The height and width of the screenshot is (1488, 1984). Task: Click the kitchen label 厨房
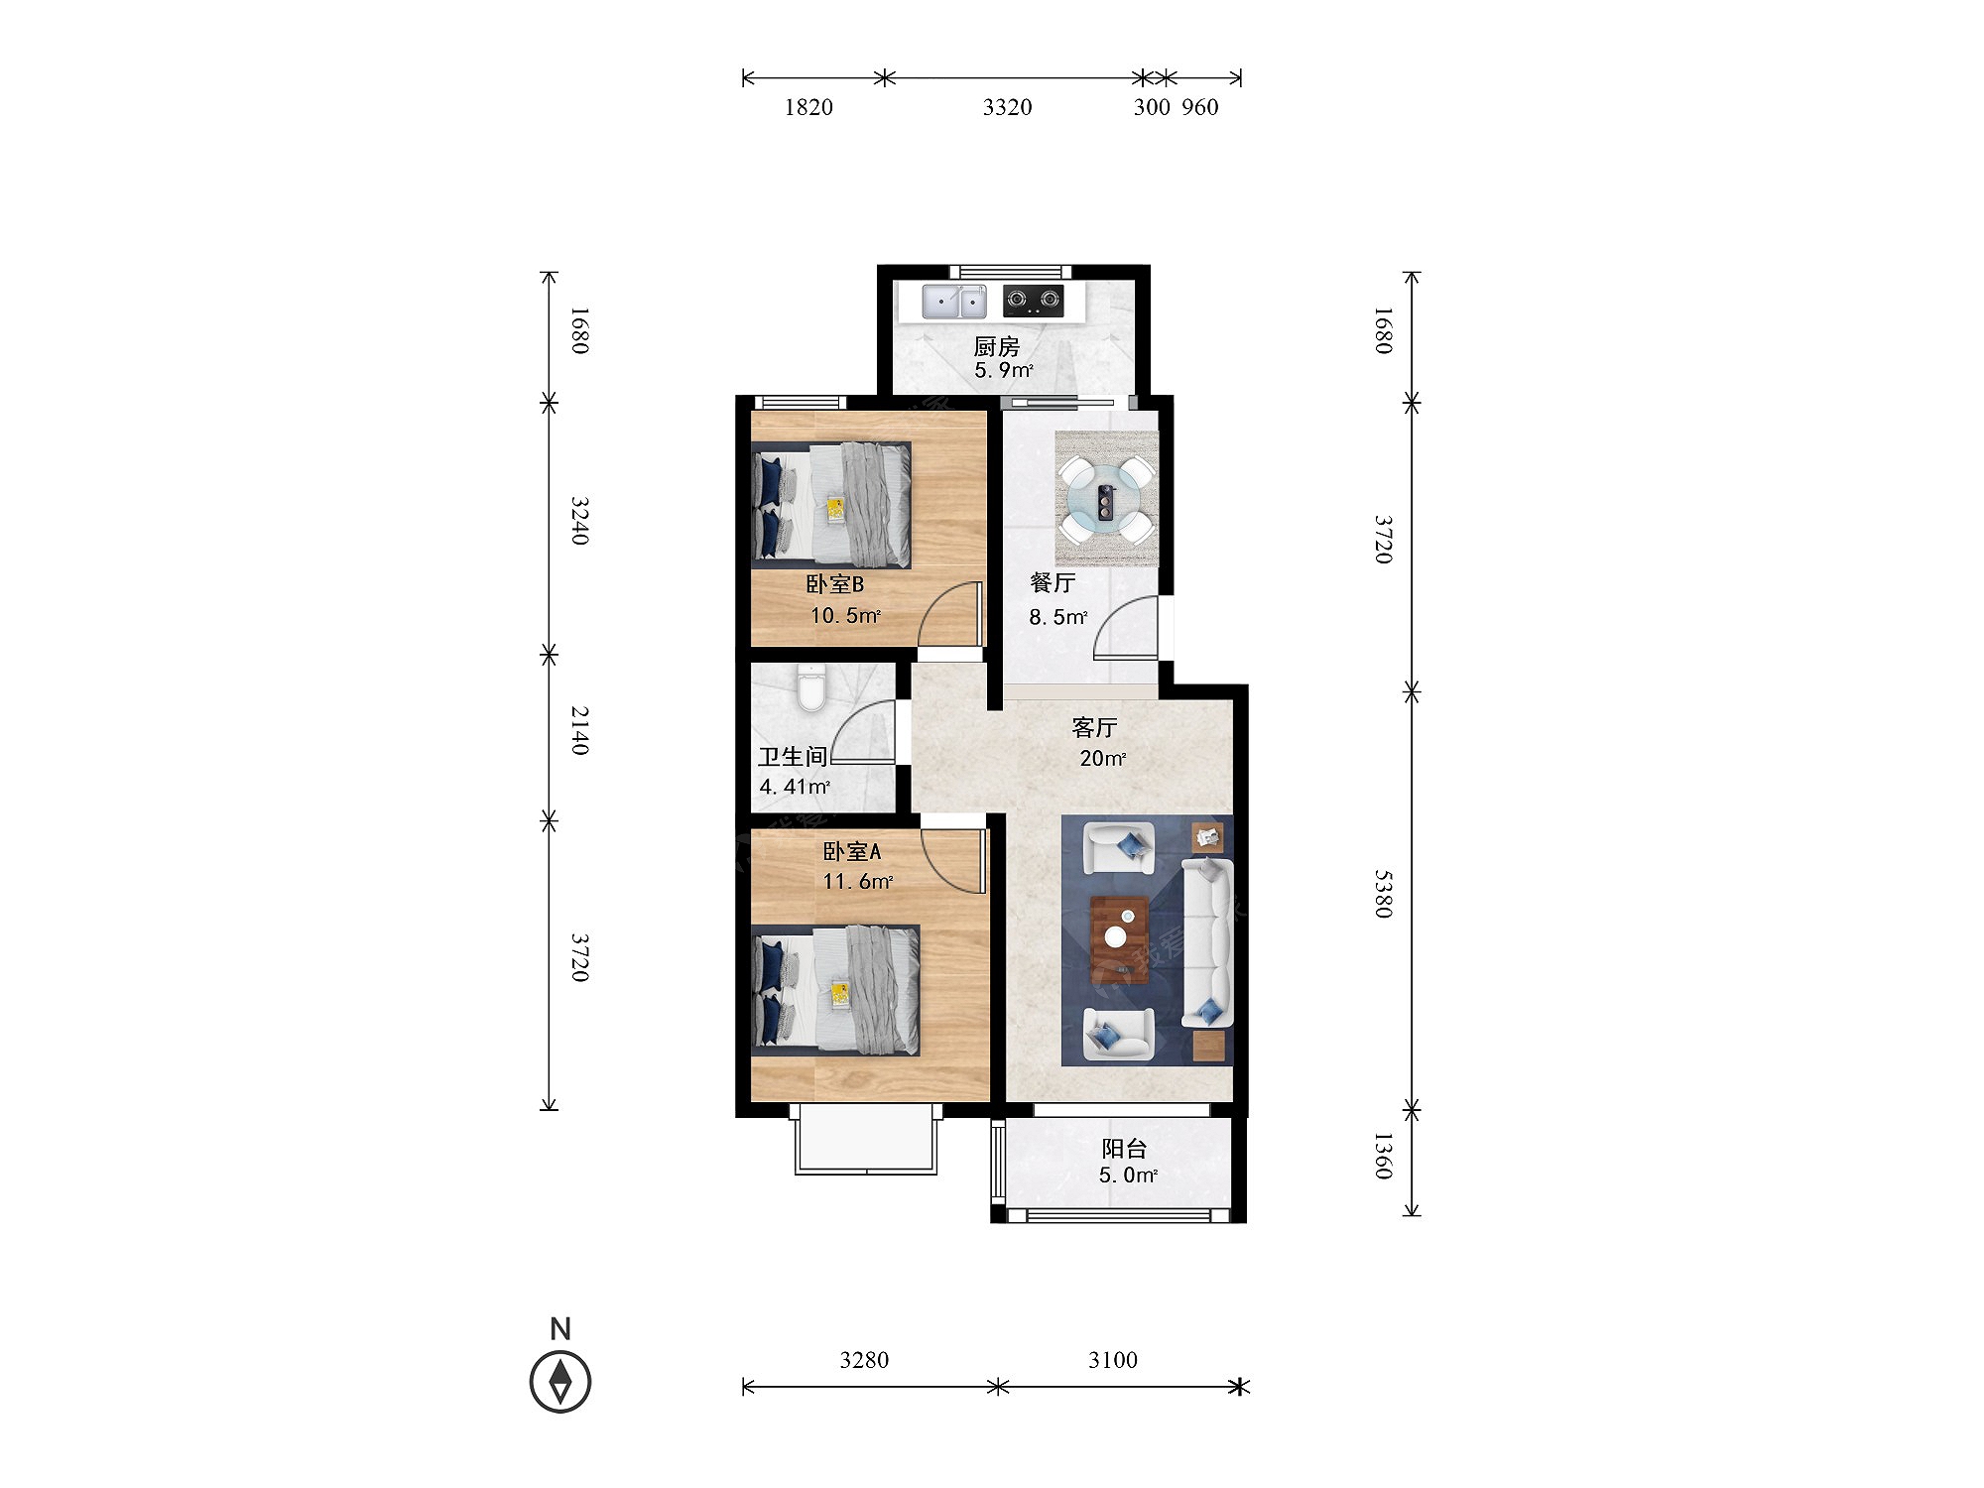click(996, 346)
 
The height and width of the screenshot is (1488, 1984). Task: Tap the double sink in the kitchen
click(954, 302)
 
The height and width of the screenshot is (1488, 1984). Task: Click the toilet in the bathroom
click(811, 687)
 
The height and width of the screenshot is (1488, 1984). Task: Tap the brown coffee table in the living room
click(1120, 938)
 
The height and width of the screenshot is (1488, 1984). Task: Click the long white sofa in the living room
click(1207, 943)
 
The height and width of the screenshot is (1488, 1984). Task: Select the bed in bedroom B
click(831, 505)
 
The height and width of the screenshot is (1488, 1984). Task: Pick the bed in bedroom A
click(835, 990)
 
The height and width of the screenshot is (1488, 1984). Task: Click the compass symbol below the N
click(560, 1381)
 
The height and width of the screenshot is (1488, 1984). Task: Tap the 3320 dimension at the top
click(1007, 107)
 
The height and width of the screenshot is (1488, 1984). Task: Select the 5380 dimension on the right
click(1384, 894)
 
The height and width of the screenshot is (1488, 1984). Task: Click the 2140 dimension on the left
click(580, 730)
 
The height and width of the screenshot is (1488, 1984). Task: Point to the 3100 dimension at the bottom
click(1113, 1360)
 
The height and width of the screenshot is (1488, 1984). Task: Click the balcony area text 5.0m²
click(1128, 1176)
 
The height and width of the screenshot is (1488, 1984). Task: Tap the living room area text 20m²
click(1102, 758)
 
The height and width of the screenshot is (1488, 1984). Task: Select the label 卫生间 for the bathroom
click(793, 756)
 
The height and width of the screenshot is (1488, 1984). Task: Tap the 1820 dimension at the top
click(808, 107)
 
